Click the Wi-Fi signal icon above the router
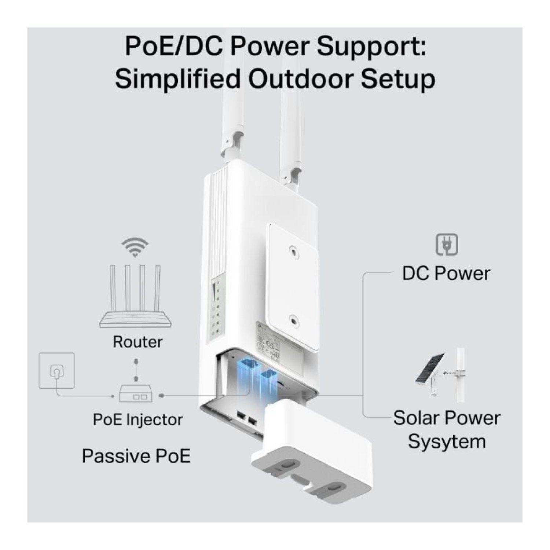[x=135, y=247]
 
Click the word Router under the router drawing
[x=137, y=342]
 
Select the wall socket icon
[x=57, y=371]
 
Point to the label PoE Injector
[x=137, y=419]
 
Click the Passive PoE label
[x=136, y=456]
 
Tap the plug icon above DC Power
[x=447, y=245]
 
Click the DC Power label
[x=446, y=274]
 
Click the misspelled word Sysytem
[x=447, y=441]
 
